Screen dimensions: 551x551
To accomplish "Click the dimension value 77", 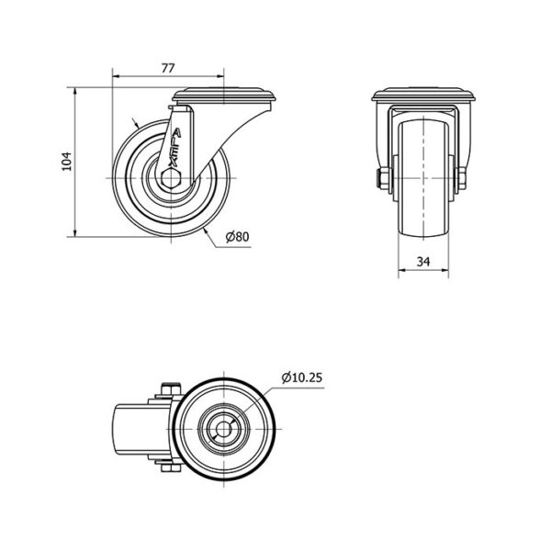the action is coord(168,68).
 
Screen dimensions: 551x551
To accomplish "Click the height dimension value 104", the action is coord(66,162).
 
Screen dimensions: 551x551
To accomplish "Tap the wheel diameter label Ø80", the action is coord(237,237).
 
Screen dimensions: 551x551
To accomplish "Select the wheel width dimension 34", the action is coord(423,262).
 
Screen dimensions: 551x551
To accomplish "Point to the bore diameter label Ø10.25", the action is coord(302,377).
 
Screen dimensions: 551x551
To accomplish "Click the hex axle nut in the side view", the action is coord(171,178).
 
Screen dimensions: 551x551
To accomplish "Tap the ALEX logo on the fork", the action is coord(174,148).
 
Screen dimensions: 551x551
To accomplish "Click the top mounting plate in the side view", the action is coord(225,95).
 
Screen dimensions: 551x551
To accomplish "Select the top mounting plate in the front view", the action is coord(423,95).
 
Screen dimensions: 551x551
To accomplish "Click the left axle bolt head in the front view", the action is coord(383,178).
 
